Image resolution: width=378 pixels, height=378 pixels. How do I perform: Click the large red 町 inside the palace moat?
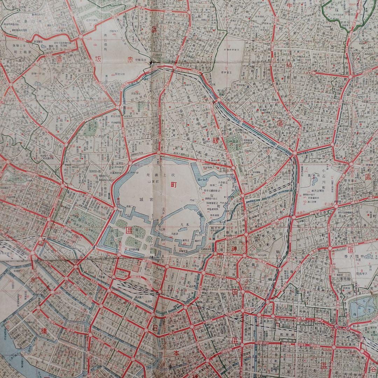pyautogui.click(x=173, y=186)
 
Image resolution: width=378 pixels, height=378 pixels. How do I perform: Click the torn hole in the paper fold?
pyautogui.click(x=153, y=62)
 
